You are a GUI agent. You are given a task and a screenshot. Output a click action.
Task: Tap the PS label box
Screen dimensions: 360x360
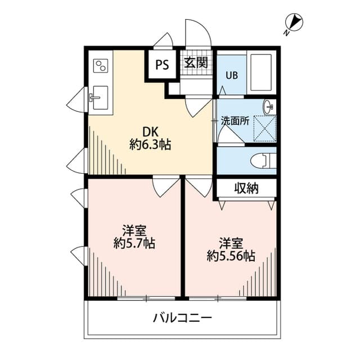point(162,64)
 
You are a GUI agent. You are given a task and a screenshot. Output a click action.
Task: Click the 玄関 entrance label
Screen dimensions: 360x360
point(195,62)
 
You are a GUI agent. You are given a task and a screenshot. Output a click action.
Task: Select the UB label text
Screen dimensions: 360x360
point(232,75)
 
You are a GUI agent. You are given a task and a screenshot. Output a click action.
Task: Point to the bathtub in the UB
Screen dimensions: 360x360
point(261,73)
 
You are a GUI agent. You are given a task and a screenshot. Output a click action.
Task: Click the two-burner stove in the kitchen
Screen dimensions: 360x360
point(101,65)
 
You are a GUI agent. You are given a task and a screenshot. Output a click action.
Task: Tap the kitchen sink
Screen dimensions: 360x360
point(99,98)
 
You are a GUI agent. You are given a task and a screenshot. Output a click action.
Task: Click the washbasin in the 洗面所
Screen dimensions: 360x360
point(269,105)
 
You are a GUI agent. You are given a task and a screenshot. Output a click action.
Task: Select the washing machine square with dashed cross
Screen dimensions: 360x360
point(264,126)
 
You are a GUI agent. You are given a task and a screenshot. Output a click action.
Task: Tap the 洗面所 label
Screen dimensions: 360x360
point(235,120)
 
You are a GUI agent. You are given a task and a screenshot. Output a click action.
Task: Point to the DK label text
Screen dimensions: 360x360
point(150,132)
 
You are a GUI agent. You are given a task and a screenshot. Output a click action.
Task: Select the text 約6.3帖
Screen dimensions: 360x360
point(150,145)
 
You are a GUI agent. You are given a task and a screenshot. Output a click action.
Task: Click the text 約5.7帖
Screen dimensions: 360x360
point(134,244)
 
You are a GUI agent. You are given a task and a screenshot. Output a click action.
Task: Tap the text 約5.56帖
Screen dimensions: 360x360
point(231,256)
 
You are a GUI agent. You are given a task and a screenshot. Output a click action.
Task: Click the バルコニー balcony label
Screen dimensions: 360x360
point(183,318)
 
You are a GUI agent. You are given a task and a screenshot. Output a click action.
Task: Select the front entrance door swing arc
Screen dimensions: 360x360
point(199,34)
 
